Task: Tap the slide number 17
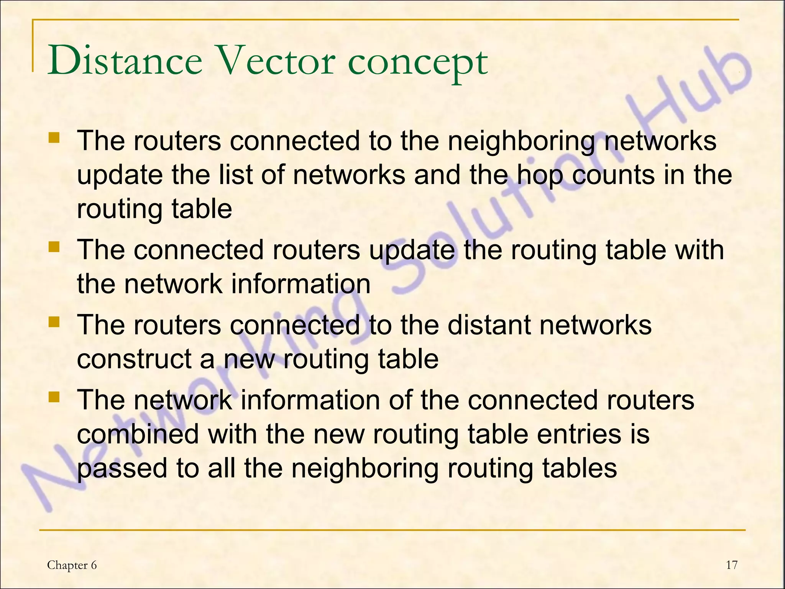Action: tap(731, 565)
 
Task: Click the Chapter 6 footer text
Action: tap(72, 565)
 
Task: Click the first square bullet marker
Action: tap(54, 138)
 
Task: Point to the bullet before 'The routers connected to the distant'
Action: tap(54, 322)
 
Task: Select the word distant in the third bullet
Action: tap(489, 325)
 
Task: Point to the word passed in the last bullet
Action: tap(122, 469)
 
